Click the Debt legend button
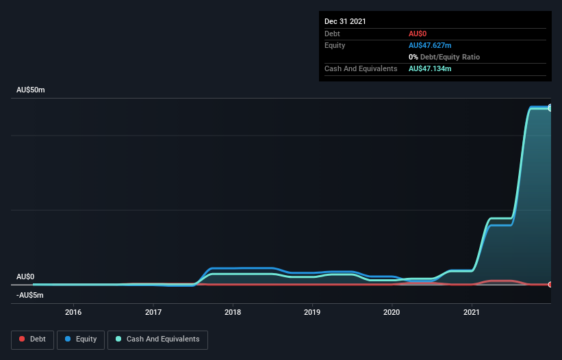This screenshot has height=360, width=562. [x=31, y=339]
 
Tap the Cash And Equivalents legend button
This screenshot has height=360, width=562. [x=157, y=339]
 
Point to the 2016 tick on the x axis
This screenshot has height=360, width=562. [x=73, y=312]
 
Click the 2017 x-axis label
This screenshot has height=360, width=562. [x=153, y=312]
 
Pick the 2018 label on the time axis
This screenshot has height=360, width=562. [x=233, y=312]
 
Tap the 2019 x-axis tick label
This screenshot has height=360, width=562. [x=313, y=312]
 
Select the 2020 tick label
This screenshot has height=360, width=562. [x=392, y=312]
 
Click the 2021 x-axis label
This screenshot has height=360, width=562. [x=472, y=312]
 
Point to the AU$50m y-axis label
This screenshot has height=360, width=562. [x=30, y=90]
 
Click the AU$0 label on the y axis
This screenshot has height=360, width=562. [x=25, y=277]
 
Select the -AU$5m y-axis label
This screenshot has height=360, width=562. [x=30, y=295]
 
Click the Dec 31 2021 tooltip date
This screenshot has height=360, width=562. [x=345, y=21]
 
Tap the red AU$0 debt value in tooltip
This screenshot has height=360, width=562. [x=419, y=34]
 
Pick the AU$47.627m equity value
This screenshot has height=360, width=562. [x=430, y=45]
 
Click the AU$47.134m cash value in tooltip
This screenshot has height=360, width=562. [x=430, y=68]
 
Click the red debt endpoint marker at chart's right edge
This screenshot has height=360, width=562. [x=550, y=284]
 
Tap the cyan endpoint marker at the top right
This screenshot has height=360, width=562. [x=550, y=108]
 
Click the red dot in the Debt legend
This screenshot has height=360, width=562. [x=22, y=339]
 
